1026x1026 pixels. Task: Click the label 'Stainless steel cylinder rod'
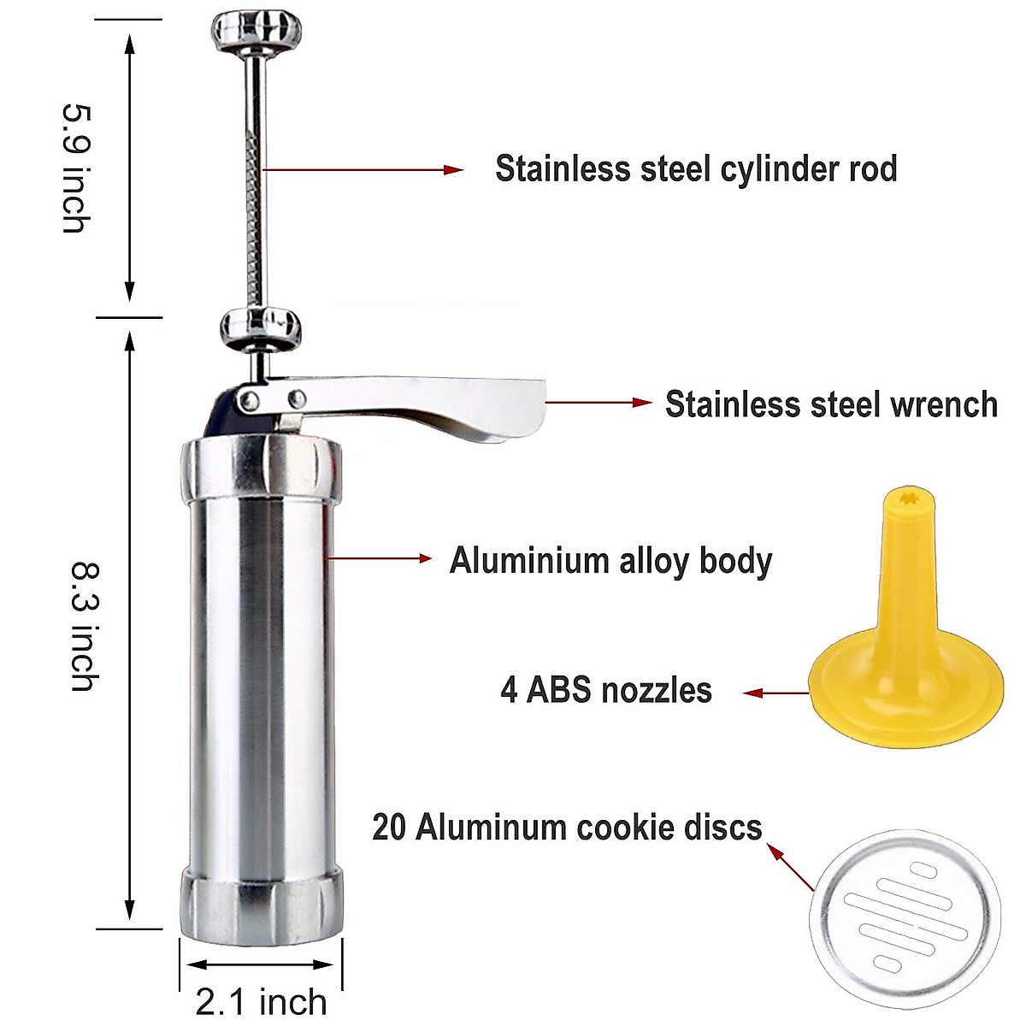[696, 168]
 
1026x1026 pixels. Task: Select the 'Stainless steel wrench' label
[831, 404]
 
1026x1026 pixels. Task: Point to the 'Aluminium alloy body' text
[610, 561]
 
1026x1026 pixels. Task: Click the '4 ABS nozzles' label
[606, 690]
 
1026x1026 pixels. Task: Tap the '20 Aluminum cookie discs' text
[567, 827]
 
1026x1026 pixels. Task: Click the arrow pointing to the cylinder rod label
[363, 170]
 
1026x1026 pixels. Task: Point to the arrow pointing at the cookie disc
[791, 866]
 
